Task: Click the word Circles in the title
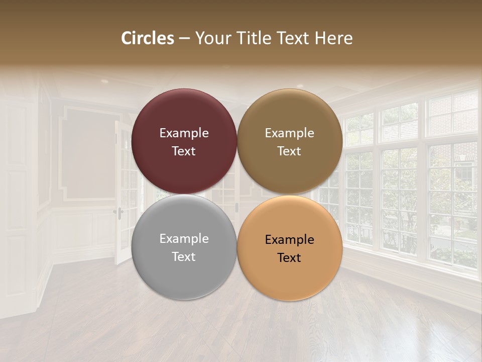[x=148, y=38]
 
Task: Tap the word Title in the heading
[x=254, y=38]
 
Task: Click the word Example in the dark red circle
[x=184, y=133]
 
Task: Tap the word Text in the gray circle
[x=184, y=256]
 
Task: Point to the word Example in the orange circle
[x=290, y=240]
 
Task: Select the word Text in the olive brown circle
[x=290, y=151]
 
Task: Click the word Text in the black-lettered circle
[x=290, y=258]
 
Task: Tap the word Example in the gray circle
[x=184, y=239]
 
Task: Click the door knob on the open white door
[x=119, y=211]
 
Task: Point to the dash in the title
[x=184, y=39]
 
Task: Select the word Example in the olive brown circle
[x=290, y=133]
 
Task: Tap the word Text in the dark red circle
[x=184, y=151]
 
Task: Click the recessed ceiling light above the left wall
[x=104, y=81]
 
